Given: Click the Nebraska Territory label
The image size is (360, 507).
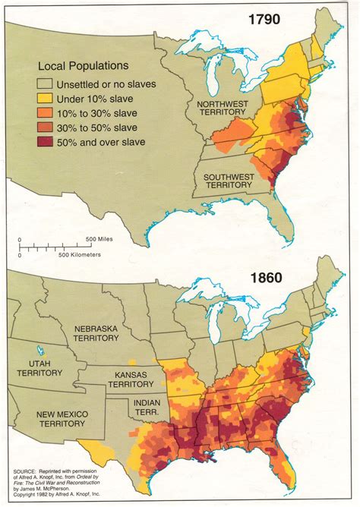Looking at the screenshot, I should tap(105, 335).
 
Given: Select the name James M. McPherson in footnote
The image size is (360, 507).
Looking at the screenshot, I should tap(49, 492).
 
